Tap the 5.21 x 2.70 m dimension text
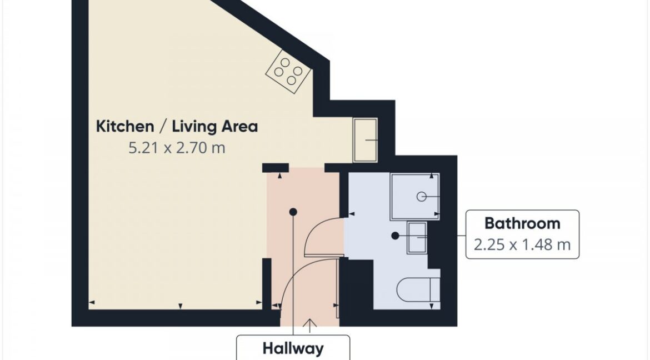click(177, 148)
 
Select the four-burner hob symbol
click(288, 71)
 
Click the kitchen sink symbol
click(365, 140)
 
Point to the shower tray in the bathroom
click(414, 197)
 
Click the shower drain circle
click(421, 197)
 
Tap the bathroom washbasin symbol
click(417, 238)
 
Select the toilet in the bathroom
click(418, 290)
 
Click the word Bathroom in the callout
click(522, 223)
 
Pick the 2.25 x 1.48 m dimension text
click(522, 244)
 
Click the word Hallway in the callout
click(293, 349)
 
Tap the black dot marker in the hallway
click(293, 212)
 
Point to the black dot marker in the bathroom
click(395, 236)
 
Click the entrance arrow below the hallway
click(309, 326)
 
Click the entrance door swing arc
click(298, 269)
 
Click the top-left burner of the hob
click(285, 63)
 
